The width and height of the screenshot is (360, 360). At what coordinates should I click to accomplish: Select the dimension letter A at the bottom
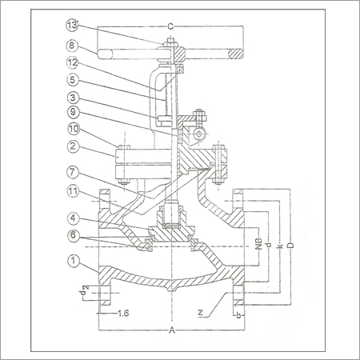pos(171,330)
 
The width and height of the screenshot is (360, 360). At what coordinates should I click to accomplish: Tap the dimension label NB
pos(258,243)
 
